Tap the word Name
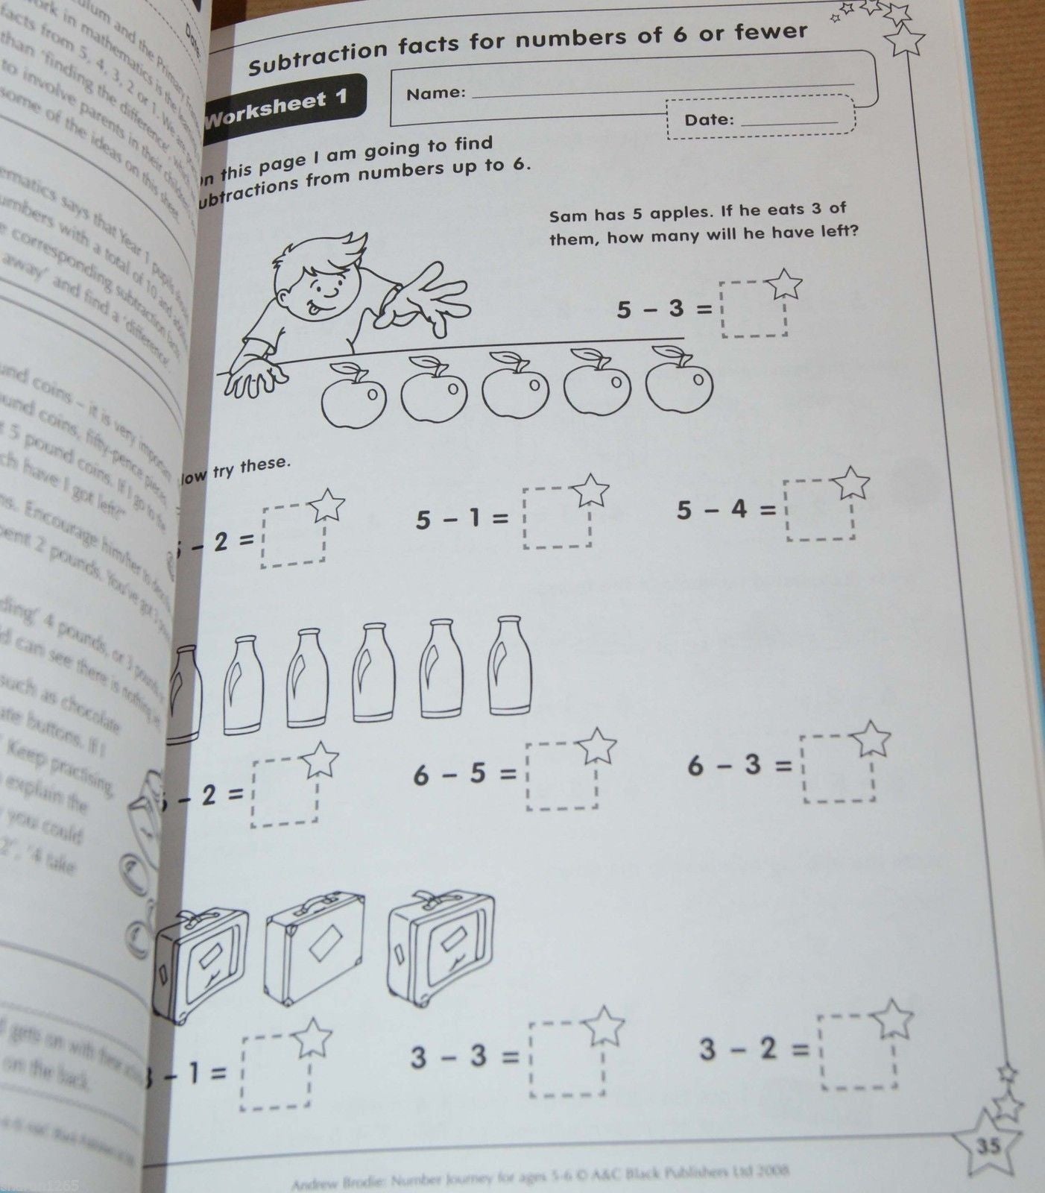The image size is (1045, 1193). pyautogui.click(x=436, y=93)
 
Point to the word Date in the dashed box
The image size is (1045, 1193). pyautogui.click(x=710, y=119)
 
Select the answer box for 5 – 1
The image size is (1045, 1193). pyautogui.click(x=557, y=519)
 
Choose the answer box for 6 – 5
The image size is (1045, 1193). pyautogui.click(x=561, y=777)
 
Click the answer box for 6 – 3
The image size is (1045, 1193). pyautogui.click(x=839, y=769)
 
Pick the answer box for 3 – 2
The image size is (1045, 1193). pyautogui.click(x=857, y=1051)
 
